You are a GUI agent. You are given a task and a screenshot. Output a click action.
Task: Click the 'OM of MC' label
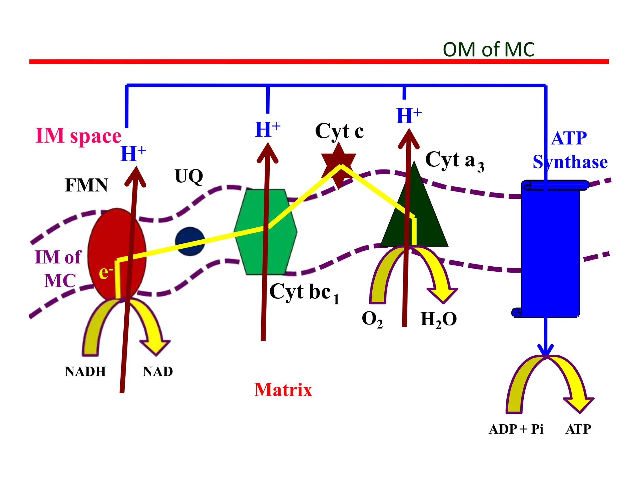(488, 50)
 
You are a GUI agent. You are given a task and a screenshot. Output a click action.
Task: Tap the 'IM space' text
(78, 136)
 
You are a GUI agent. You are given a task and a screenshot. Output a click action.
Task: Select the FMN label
(86, 185)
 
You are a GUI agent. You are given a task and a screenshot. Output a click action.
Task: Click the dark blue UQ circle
(190, 241)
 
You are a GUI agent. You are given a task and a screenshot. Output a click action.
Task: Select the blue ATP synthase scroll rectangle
(550, 252)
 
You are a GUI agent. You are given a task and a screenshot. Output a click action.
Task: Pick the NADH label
(85, 372)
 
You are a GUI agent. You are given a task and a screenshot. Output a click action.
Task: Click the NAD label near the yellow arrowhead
(158, 372)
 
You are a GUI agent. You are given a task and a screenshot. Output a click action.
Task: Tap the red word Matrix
(283, 390)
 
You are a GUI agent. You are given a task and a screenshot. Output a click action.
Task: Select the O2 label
(372, 319)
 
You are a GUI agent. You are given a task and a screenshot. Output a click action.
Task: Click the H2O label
(438, 319)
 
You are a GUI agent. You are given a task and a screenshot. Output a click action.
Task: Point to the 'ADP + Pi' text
(516, 429)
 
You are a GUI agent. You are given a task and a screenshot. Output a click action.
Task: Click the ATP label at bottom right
(578, 429)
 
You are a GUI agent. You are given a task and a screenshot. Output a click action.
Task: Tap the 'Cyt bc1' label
(304, 292)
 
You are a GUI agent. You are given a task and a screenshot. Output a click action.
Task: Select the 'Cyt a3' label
(454, 160)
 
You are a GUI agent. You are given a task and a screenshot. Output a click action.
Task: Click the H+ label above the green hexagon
(267, 130)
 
